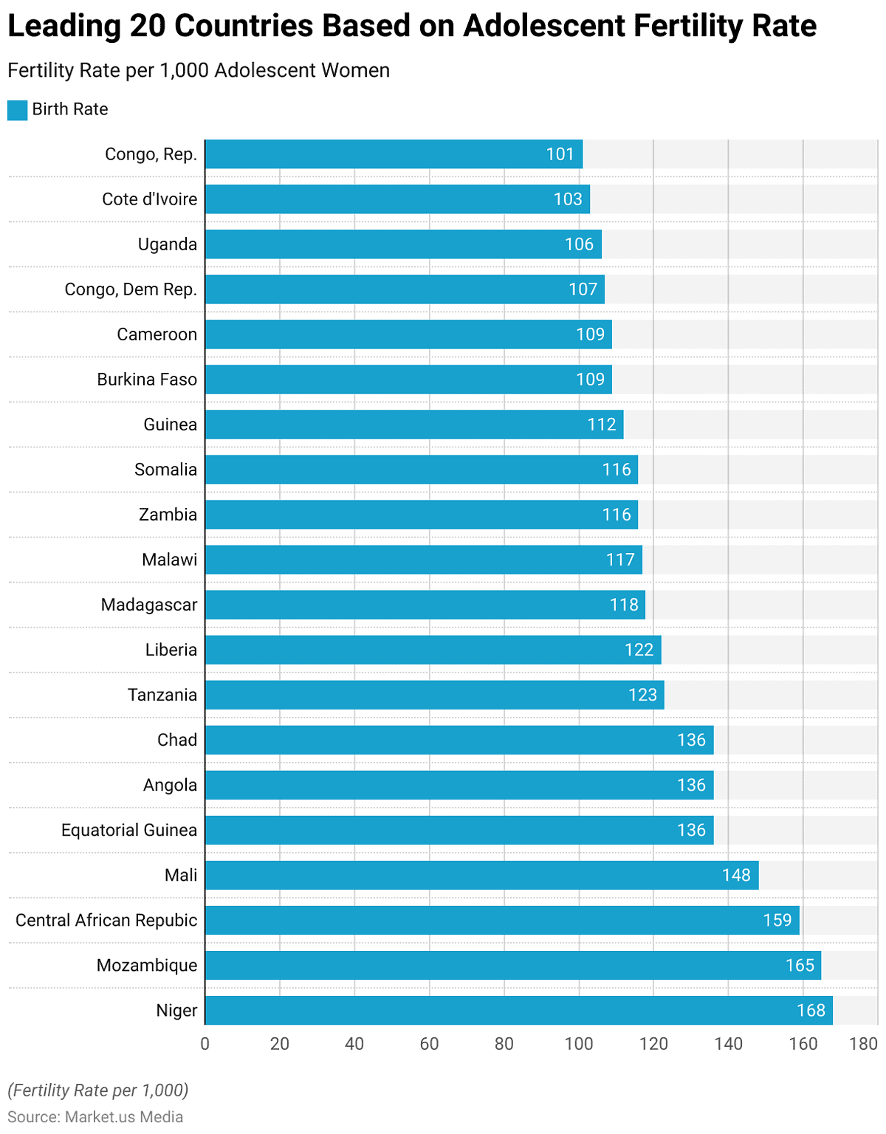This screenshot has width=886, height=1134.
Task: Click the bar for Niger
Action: click(x=518, y=1010)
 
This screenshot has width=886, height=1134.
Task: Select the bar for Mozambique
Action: click(x=512, y=965)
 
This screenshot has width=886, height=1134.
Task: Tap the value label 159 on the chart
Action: click(x=777, y=920)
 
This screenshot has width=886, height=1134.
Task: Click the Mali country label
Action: click(x=181, y=875)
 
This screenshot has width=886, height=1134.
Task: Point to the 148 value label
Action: click(x=735, y=875)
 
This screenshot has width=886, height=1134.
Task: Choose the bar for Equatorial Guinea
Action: click(x=459, y=830)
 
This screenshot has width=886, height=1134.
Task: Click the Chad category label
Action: click(x=177, y=740)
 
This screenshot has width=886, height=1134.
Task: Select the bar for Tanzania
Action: click(x=434, y=695)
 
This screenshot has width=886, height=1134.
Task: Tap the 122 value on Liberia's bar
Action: click(x=639, y=650)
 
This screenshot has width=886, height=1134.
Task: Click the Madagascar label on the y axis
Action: click(x=149, y=605)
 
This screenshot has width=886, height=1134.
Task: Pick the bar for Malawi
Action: click(x=423, y=560)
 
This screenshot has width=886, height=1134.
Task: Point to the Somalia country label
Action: click(x=165, y=470)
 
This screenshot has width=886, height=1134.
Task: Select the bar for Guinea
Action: click(x=413, y=425)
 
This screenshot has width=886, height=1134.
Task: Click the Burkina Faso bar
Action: click(x=408, y=379)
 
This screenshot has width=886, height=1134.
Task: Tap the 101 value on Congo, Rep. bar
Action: click(x=560, y=154)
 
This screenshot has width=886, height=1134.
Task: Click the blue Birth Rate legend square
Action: click(x=17, y=110)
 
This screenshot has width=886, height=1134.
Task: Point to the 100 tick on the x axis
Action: click(x=579, y=1044)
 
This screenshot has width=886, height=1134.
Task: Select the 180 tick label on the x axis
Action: click(x=863, y=1044)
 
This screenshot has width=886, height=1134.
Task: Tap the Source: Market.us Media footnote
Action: click(x=95, y=1117)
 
